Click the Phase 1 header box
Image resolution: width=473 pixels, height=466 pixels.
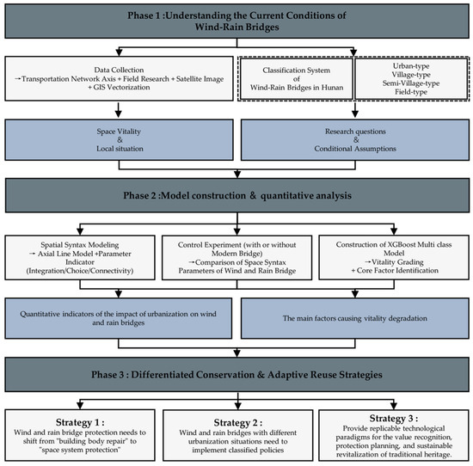236,21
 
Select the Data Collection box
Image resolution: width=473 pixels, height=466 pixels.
120,78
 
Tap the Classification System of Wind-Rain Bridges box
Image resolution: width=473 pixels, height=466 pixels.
296,79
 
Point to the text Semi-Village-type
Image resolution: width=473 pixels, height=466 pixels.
411,83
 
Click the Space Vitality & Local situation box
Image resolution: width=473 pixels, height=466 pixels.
120,139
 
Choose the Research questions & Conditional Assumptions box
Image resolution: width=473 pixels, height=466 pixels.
355,139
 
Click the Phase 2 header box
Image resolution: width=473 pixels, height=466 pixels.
237,195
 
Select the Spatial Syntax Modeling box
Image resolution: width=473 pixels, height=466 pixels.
80,258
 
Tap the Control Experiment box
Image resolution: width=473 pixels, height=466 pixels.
237,258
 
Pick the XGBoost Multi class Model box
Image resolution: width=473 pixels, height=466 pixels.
394,257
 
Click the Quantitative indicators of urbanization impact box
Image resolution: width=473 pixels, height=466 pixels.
119,318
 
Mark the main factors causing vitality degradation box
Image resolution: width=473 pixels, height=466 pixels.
355,318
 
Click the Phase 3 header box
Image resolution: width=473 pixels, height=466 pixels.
237,375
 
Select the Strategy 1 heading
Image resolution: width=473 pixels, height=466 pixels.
80,422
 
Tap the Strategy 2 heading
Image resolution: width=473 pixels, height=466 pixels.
238,422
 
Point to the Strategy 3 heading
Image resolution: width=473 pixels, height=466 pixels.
394,419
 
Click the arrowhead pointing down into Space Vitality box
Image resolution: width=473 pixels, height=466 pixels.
119,113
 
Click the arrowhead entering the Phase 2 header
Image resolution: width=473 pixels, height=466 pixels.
237,174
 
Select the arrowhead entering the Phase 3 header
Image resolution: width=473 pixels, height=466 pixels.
237,353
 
